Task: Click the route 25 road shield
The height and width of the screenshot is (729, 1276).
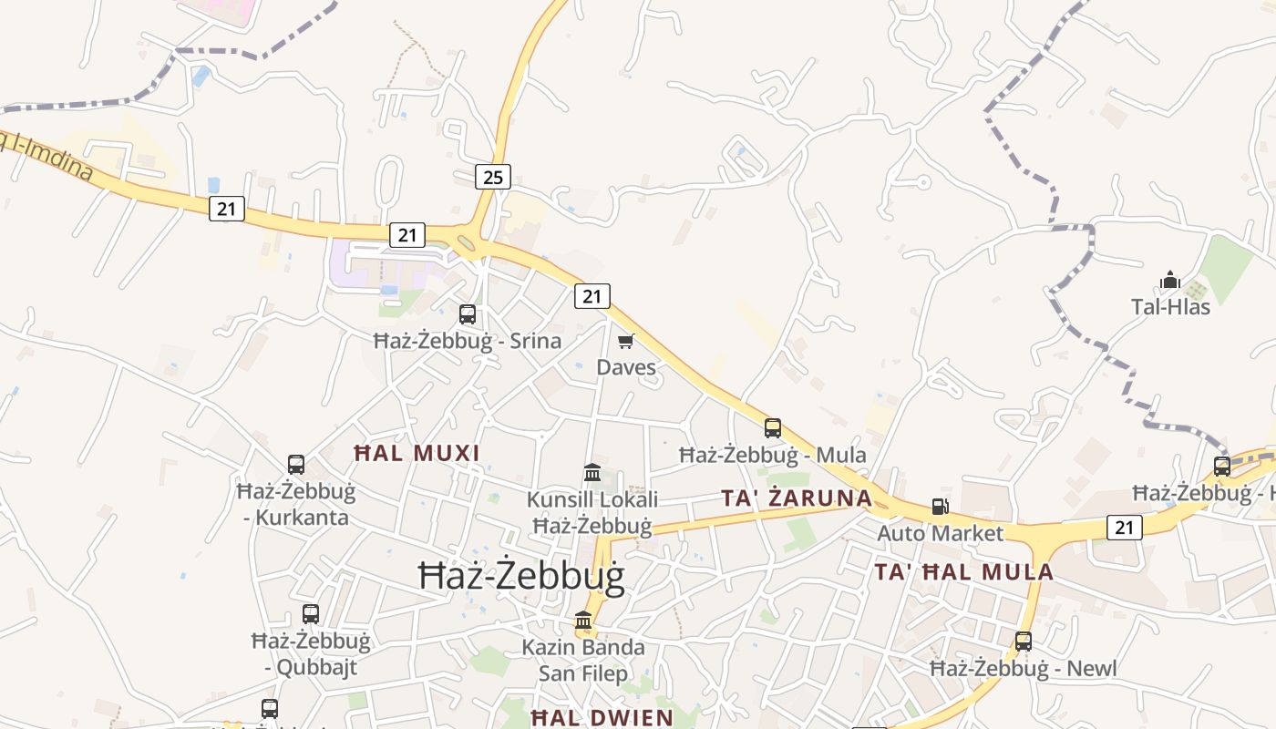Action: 492,177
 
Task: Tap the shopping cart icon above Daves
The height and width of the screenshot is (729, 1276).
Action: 625,341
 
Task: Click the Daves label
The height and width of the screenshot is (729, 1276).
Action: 626,367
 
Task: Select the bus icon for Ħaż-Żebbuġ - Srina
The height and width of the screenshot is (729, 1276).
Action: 468,314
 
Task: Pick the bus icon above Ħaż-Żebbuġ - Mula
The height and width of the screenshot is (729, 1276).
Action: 773,427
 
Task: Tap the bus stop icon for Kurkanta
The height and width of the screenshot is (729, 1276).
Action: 296,465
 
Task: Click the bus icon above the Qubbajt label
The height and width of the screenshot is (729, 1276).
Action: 311,614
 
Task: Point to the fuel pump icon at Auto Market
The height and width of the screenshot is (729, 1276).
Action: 940,507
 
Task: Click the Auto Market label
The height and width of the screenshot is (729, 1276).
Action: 940,533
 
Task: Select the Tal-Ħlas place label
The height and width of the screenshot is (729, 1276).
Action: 1170,306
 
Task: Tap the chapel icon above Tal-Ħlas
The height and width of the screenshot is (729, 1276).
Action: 1170,280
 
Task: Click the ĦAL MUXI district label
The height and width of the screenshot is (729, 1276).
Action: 416,453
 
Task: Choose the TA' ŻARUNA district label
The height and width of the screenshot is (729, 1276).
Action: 797,498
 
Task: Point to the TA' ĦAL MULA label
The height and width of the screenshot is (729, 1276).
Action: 964,572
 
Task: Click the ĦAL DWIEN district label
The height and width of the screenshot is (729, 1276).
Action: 602,717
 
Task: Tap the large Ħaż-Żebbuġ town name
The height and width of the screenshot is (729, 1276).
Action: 521,577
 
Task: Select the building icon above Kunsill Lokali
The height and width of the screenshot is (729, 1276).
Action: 592,473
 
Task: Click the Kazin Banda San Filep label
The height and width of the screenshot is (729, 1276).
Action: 583,661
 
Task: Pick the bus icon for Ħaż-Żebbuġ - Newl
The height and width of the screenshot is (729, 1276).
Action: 1024,642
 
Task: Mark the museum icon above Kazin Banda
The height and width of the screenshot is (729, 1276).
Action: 583,621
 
